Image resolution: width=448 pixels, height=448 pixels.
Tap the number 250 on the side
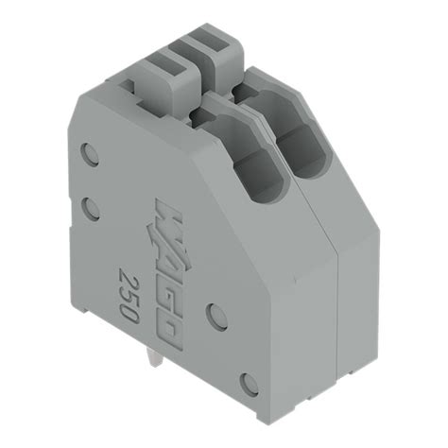129,295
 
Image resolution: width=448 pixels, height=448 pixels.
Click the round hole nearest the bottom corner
248,383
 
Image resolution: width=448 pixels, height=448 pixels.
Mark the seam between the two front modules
337,312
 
